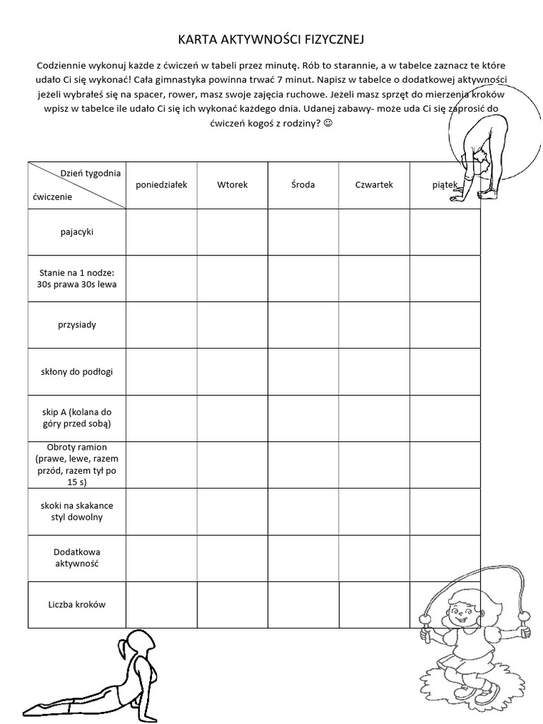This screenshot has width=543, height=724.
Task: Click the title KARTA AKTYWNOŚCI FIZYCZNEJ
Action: click(x=271, y=38)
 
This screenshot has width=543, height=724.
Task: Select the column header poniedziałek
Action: click(x=161, y=185)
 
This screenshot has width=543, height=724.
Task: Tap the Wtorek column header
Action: click(x=232, y=185)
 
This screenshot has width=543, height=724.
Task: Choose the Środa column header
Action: click(x=303, y=185)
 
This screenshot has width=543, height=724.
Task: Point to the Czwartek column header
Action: click(x=374, y=185)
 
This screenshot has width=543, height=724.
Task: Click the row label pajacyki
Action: click(x=77, y=231)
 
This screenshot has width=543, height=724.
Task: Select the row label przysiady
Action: click(x=77, y=325)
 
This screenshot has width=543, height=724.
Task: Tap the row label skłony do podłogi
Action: click(x=77, y=371)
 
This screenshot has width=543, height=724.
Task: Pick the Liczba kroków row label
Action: click(x=77, y=605)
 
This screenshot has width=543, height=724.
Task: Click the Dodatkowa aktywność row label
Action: click(x=77, y=558)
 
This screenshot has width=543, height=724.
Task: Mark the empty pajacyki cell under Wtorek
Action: click(x=232, y=232)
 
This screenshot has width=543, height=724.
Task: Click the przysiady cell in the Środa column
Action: click(x=303, y=325)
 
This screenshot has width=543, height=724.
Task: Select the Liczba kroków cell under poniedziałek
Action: click(x=161, y=605)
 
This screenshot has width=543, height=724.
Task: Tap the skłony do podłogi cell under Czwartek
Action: click(x=374, y=371)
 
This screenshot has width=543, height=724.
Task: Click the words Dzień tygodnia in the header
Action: click(x=90, y=173)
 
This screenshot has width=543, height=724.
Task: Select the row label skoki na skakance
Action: click(x=77, y=511)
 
